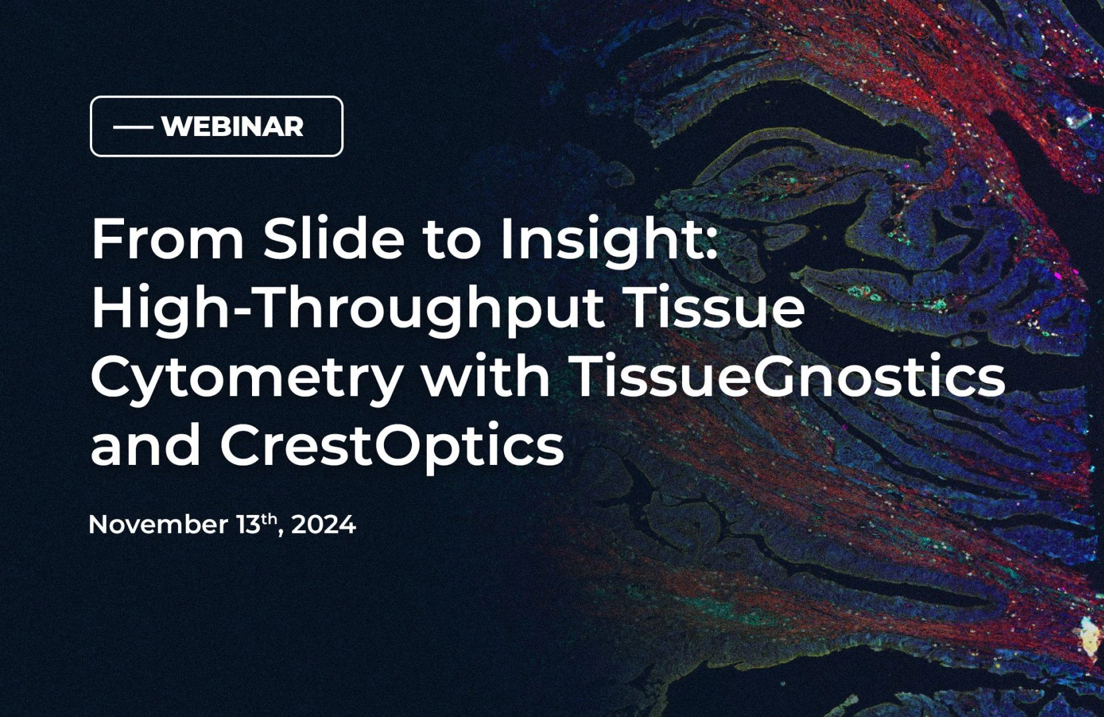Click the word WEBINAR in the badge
[232, 127]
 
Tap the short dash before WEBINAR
[133, 127]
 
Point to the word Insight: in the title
[608, 244]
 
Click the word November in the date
[158, 524]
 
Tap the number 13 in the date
[247, 525]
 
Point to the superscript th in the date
[269, 520]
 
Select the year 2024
[323, 525]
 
